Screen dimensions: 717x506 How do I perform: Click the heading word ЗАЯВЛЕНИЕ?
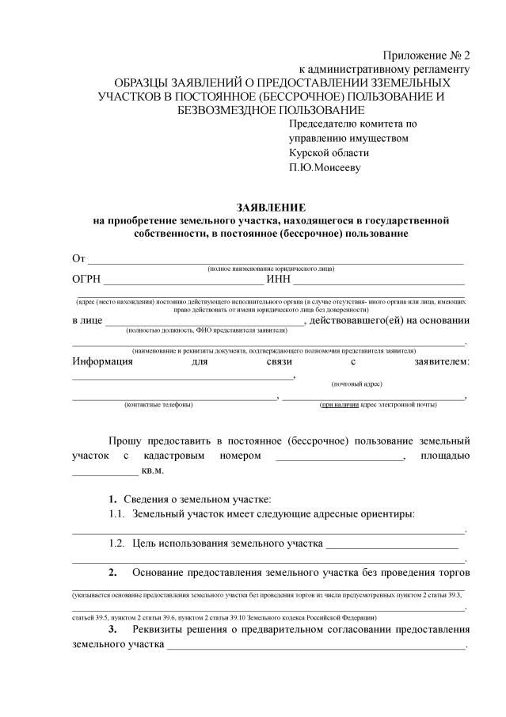pyautogui.click(x=271, y=207)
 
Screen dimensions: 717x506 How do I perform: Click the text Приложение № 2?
pyautogui.click(x=426, y=55)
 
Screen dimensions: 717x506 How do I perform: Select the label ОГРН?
pyautogui.click(x=86, y=278)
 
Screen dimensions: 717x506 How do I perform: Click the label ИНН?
pyautogui.click(x=280, y=278)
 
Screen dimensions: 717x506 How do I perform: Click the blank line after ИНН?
pyautogui.click(x=379, y=280)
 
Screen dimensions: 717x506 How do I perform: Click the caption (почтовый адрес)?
pyautogui.click(x=356, y=383)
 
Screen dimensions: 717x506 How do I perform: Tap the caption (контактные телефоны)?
pyautogui.click(x=158, y=405)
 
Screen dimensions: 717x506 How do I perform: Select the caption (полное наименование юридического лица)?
pyautogui.click(x=271, y=269)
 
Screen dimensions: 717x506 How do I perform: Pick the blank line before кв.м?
pyautogui.click(x=105, y=473)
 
